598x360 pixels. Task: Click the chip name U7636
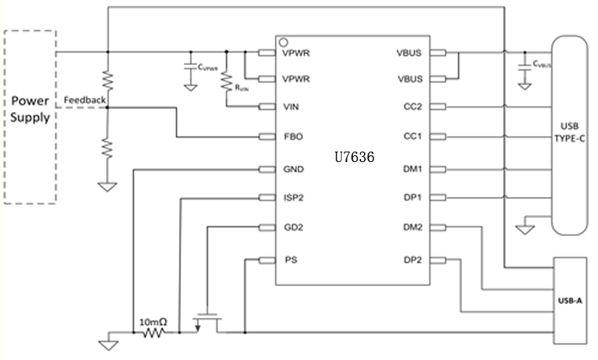point(354,158)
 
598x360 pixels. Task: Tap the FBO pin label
point(292,137)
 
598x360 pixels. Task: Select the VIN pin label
point(291,106)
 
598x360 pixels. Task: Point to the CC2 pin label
point(412,106)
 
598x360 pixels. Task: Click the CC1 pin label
point(412,137)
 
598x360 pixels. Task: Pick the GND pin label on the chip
point(294,169)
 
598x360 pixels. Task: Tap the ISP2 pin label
point(294,198)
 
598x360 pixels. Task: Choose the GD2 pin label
point(293,228)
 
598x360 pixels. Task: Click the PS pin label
point(289,260)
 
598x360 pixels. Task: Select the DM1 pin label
point(413,169)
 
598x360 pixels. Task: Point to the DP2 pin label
point(413,260)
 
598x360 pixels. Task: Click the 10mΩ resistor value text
point(153,322)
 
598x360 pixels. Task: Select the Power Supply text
point(30,109)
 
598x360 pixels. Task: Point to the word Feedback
point(84,99)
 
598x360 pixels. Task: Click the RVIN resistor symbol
point(225,80)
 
